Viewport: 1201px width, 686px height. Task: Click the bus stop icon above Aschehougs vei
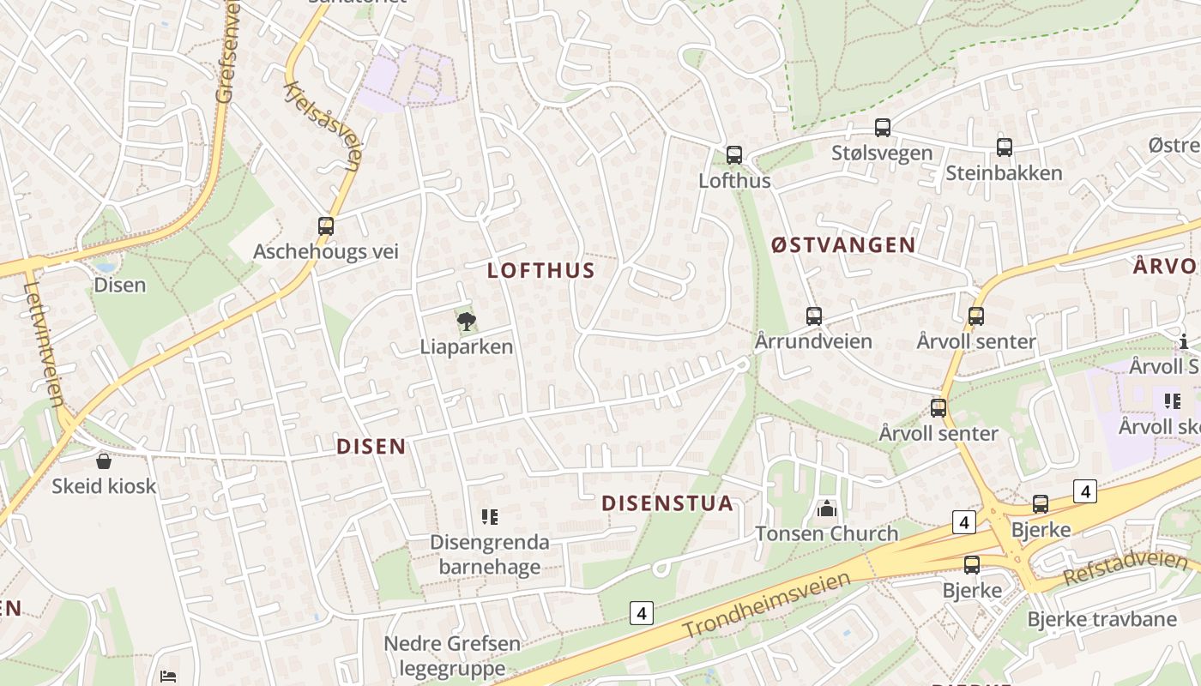326,226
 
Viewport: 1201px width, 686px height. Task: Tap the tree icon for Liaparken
466,322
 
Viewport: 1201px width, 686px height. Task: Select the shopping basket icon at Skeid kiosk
104,461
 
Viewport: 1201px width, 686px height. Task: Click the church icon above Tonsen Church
827,509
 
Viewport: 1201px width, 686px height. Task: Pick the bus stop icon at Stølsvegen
882,128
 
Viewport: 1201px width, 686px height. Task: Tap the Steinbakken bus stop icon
1005,147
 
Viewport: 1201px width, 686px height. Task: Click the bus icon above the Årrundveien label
813,316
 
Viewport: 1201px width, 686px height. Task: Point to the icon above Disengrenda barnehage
490,517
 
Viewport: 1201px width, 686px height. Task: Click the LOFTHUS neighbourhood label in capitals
540,271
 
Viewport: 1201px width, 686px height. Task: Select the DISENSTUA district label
667,503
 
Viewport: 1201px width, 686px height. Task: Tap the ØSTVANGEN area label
842,245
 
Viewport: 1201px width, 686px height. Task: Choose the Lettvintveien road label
45,343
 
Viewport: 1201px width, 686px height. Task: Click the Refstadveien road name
1124,569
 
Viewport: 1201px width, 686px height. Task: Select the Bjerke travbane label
1101,619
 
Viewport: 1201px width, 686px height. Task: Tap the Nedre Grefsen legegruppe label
452,656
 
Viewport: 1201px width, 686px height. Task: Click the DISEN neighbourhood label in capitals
371,447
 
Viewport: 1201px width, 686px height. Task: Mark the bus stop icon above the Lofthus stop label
734,155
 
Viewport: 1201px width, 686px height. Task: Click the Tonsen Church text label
826,533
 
